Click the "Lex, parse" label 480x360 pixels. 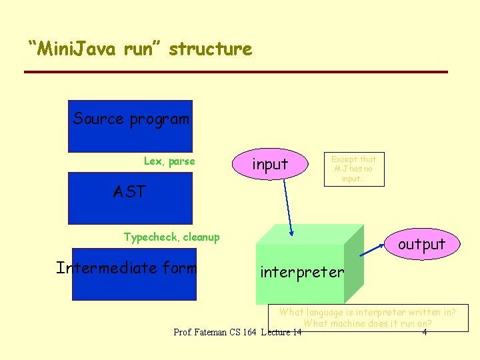[x=169, y=161]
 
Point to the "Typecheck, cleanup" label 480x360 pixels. [x=171, y=237]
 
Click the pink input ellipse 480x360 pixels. [x=270, y=165]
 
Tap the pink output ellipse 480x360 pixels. [x=421, y=244]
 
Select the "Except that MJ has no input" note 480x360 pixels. [x=353, y=169]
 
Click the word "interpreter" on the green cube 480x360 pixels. [x=302, y=272]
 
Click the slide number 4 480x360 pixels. [x=425, y=331]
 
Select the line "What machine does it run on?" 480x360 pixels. [x=367, y=323]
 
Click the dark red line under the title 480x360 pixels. [x=235, y=72]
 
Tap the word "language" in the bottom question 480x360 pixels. [x=329, y=311]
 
